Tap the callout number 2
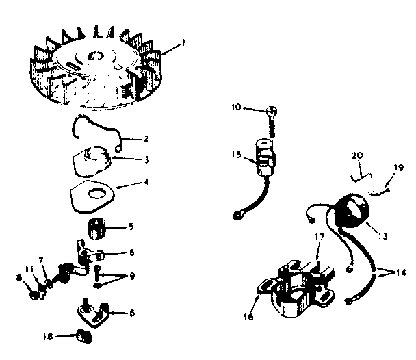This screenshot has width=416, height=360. pos(146,138)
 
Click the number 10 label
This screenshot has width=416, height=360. pos(235,107)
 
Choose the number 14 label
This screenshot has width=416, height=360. pos(402,271)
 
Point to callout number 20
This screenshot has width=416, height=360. pos(356,155)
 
